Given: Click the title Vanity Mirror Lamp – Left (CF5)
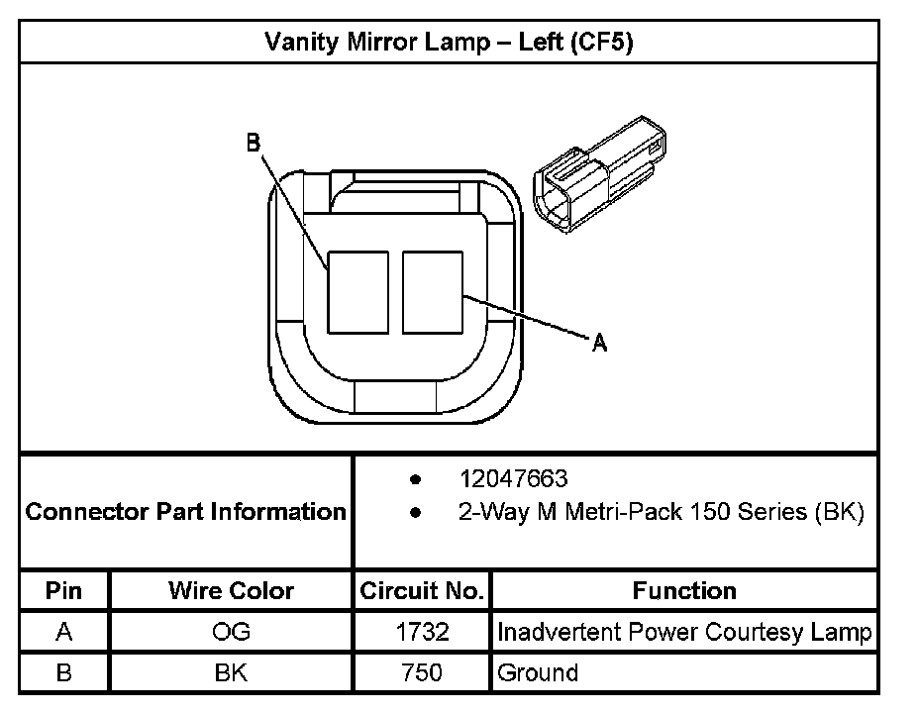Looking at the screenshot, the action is click(449, 43).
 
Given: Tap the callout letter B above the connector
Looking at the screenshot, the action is click(254, 143).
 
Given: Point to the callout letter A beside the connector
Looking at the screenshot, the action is click(598, 344).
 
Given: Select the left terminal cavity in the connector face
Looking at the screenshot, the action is click(357, 292).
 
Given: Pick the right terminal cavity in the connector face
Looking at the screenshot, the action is click(433, 292).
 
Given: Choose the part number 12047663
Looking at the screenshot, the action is click(513, 479).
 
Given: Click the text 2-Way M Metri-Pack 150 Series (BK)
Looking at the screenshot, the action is click(661, 512).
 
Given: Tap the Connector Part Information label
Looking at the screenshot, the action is click(185, 512).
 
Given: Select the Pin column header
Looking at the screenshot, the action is click(64, 591).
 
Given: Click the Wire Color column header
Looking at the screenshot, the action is click(231, 591).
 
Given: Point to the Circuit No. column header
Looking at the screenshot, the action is click(422, 591).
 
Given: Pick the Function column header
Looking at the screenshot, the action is click(684, 591).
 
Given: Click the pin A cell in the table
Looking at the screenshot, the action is click(64, 632).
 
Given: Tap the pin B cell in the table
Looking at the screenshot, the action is click(64, 673).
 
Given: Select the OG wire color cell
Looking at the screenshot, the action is click(231, 632).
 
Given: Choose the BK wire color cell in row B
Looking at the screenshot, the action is click(231, 673).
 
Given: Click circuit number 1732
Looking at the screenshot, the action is click(422, 632).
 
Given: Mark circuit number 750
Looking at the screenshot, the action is click(422, 673).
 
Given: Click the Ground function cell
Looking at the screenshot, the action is click(538, 673).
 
